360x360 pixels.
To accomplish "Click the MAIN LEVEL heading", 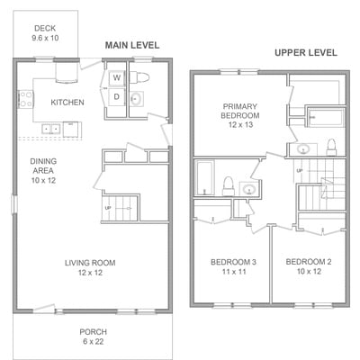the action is (x=132, y=45).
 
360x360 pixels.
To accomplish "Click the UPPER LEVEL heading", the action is (x=306, y=53).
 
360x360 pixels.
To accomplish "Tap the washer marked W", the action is (x=117, y=78).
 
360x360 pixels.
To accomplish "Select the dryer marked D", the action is (x=117, y=96).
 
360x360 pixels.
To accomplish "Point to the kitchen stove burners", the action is (x=25, y=99).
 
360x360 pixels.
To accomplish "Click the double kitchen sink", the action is (x=50, y=129).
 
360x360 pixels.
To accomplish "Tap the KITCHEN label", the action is (x=67, y=103).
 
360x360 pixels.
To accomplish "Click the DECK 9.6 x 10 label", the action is (x=45, y=33).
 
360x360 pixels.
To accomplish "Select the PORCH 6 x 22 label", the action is (x=93, y=337).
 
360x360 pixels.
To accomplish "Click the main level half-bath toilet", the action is (x=139, y=77).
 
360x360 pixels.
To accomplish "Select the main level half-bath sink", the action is (x=137, y=98).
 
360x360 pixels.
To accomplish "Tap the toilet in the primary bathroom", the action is (x=331, y=148).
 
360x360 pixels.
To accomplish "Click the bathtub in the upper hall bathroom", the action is (x=204, y=177).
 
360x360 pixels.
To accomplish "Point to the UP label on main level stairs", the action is (x=108, y=208).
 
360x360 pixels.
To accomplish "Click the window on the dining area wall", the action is (x=14, y=204).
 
